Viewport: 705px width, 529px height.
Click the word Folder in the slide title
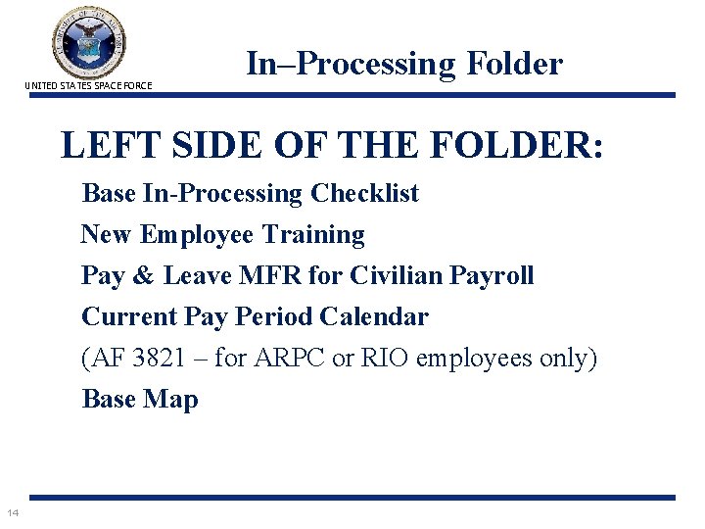tap(515, 64)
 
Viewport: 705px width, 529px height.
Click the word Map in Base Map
tap(174, 400)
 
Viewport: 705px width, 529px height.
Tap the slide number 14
tap(14, 512)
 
